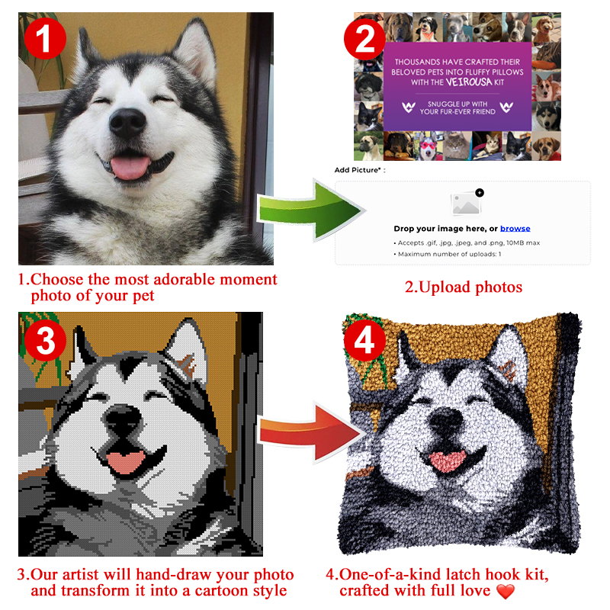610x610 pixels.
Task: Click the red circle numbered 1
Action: coord(45,37)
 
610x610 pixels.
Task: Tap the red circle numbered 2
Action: coord(367,37)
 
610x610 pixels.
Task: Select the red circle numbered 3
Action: coord(45,341)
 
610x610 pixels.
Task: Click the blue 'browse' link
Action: coord(515,229)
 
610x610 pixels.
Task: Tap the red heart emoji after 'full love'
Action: coord(506,592)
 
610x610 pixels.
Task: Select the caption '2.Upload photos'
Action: coord(463,287)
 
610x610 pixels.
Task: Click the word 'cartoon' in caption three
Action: coord(218,591)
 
